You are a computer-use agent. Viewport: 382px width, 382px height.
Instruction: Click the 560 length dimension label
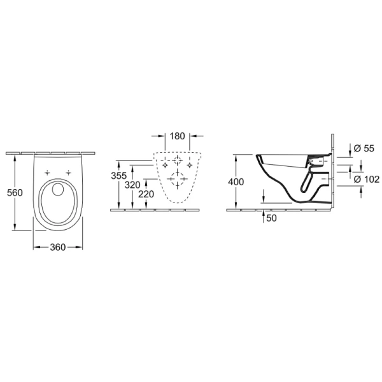point(15,193)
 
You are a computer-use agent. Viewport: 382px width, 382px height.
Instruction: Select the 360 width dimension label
point(58,247)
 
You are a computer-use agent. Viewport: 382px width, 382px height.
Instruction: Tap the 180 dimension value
point(178,136)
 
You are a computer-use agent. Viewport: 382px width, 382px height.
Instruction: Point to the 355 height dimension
point(119,176)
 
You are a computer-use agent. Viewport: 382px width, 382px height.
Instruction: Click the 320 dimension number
point(132,185)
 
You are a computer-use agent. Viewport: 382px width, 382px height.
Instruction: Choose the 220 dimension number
point(146,194)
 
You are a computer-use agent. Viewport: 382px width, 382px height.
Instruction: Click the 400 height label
point(236,181)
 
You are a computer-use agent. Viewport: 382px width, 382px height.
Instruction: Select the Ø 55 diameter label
point(364,148)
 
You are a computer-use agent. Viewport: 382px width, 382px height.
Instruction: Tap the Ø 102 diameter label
point(367,179)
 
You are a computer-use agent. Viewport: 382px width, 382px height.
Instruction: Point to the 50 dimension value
point(271,218)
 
